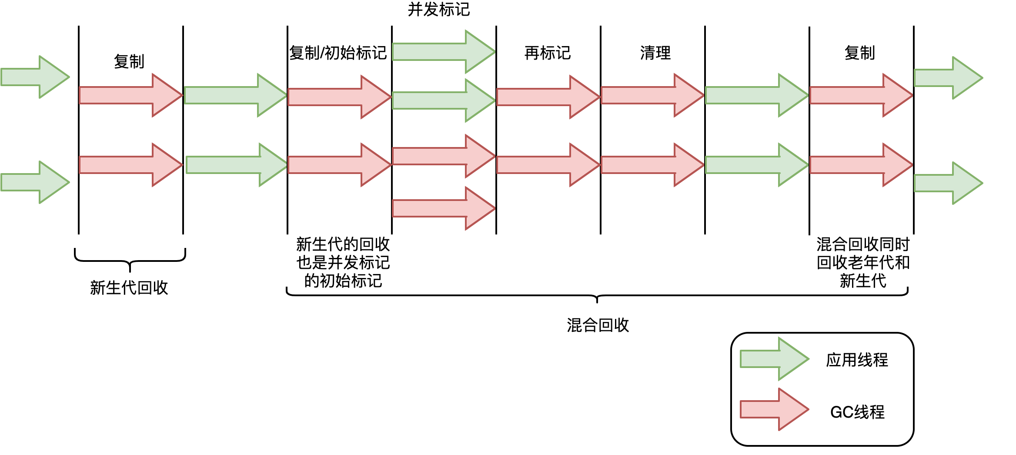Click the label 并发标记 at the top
(438, 10)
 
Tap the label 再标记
(547, 53)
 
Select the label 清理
(655, 53)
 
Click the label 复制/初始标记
(338, 53)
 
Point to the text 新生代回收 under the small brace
(129, 288)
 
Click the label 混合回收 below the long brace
(598, 325)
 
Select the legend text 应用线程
(857, 360)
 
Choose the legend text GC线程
(857, 412)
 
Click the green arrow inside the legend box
(774, 359)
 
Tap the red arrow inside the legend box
(774, 410)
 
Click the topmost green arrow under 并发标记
(444, 52)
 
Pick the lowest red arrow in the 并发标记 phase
(444, 208)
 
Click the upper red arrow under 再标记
(548, 97)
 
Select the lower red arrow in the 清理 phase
(652, 165)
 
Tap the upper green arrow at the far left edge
(35, 77)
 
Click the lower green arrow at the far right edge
(948, 183)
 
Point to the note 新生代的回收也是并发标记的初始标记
(343, 262)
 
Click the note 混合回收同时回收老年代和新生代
(863, 262)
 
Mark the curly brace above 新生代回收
(130, 260)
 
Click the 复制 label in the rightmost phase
(859, 53)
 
